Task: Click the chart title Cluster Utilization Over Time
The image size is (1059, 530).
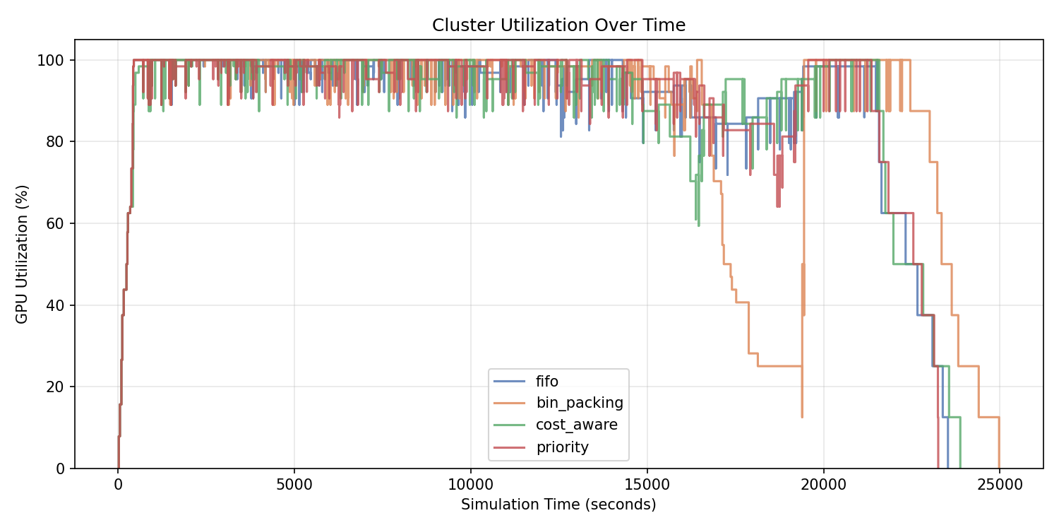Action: [x=558, y=25]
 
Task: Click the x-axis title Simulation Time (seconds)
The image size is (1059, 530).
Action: [x=558, y=505]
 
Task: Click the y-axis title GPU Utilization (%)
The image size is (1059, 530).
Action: [x=22, y=254]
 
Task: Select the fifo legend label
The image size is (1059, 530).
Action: [x=547, y=382]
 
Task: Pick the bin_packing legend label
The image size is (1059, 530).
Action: [x=579, y=404]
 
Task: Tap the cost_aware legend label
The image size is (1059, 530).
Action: [x=576, y=425]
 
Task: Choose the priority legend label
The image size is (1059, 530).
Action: [x=562, y=447]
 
